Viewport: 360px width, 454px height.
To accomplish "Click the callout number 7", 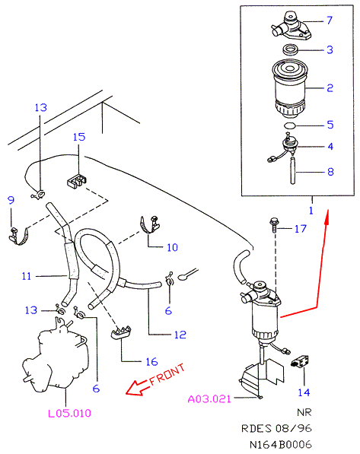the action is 330,21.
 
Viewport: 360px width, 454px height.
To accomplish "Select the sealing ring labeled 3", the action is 291,49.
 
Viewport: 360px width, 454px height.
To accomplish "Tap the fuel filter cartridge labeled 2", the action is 289,88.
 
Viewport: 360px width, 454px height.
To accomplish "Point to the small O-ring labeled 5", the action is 289,125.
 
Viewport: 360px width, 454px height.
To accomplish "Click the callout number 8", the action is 330,172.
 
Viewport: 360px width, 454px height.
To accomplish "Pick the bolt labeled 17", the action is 273,225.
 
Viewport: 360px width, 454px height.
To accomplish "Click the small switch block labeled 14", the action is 300,362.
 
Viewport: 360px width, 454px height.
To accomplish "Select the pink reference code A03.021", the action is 209,399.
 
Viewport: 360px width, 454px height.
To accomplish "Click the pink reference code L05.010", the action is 69,413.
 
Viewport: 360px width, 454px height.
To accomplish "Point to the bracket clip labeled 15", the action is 77,181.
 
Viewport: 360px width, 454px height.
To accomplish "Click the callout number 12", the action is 180,335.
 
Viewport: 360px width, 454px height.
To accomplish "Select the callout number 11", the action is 27,276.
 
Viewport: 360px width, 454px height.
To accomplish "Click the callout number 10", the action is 172,247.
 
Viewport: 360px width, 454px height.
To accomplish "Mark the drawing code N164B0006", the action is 281,445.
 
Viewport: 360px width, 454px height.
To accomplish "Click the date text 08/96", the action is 293,428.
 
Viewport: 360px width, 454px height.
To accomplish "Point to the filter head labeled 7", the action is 291,27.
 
